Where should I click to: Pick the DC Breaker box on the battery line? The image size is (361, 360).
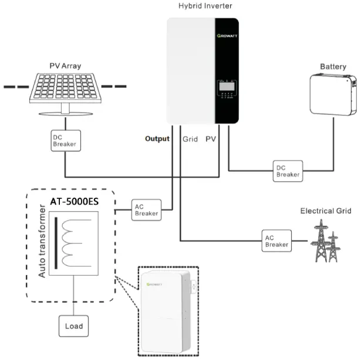tap(288, 171)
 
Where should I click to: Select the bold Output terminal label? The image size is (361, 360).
tap(157, 139)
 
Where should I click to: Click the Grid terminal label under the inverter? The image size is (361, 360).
tap(190, 140)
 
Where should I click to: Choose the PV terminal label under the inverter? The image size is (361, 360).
tap(211, 140)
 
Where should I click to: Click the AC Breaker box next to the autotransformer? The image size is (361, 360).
tap(147, 210)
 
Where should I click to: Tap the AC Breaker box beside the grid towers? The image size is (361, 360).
tap(275, 240)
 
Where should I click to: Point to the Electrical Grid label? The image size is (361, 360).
tap(325, 211)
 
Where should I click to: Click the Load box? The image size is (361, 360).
tap(73, 326)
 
